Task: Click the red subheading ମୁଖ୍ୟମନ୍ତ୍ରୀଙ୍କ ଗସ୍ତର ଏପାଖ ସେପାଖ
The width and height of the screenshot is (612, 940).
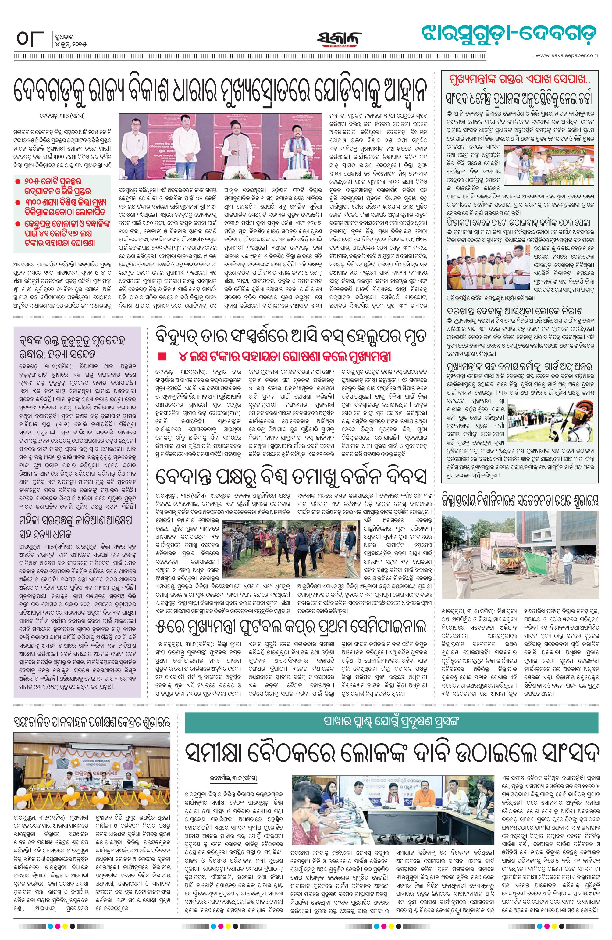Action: (x=520, y=79)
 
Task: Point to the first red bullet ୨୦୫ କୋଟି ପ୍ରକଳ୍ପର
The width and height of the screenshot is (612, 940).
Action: (x=18, y=181)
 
